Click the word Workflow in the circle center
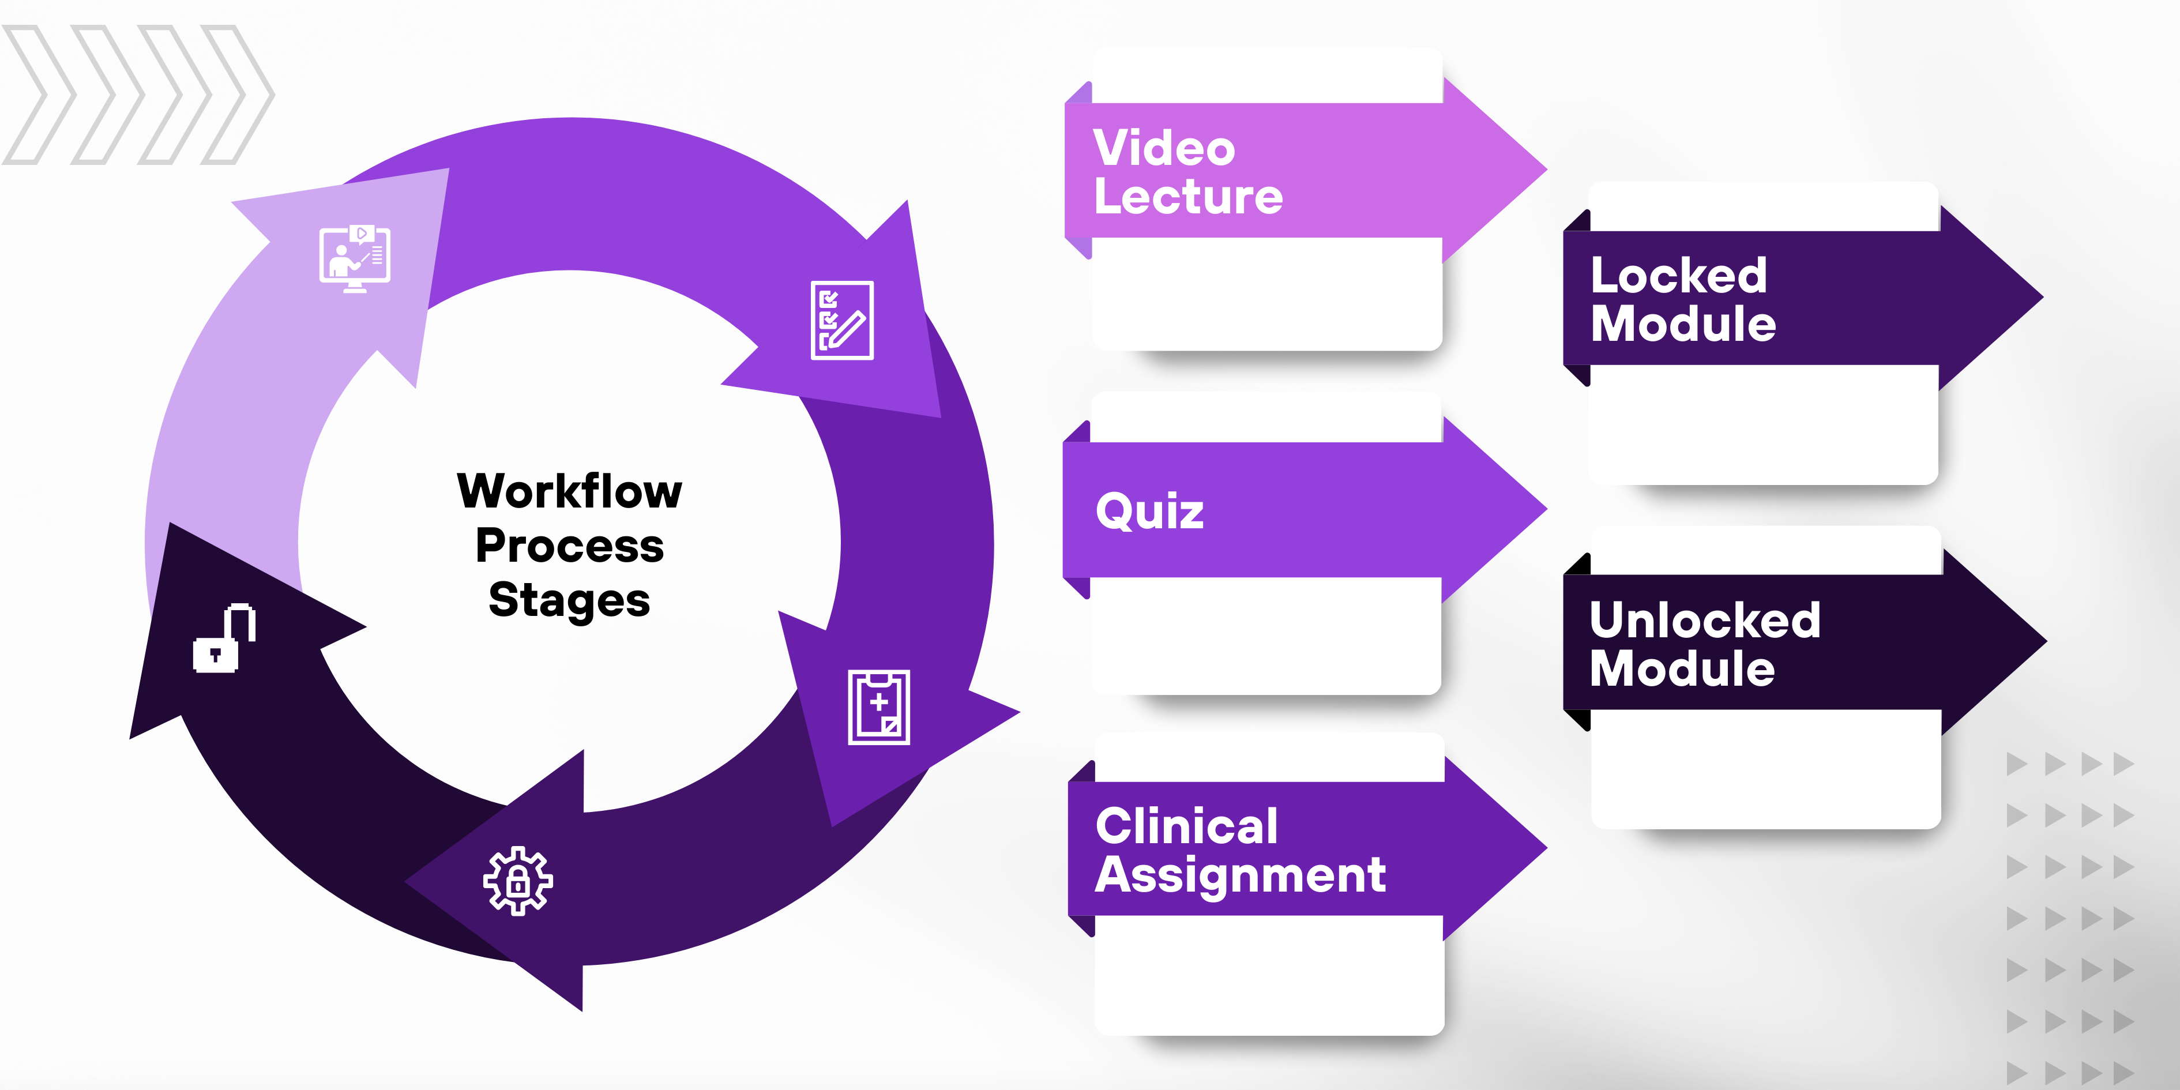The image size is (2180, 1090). tap(570, 491)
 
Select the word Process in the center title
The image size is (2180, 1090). tap(570, 546)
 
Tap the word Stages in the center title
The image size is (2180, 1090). tap(570, 600)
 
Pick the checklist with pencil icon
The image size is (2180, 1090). tap(842, 321)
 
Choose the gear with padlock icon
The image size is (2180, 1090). tap(518, 881)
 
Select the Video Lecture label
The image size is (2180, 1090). tap(1188, 172)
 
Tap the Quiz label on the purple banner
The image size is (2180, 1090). tap(1149, 511)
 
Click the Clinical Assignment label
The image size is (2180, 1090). tap(1240, 850)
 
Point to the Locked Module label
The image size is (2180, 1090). tap(1682, 299)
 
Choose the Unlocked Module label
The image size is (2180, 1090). tap(1704, 644)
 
